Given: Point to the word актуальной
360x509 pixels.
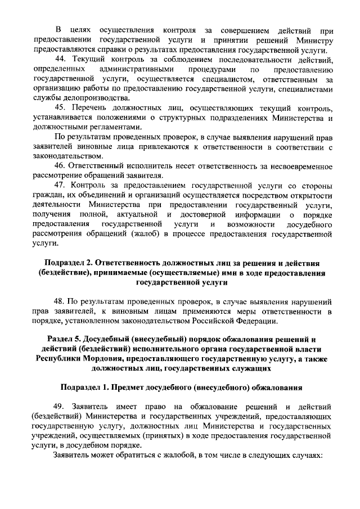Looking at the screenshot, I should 137,215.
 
